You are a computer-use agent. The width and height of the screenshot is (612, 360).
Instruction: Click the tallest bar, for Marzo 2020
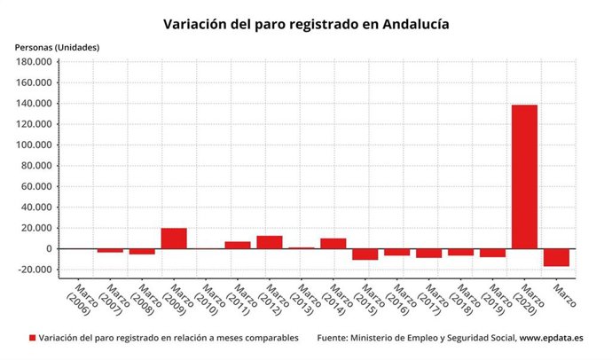[524, 176]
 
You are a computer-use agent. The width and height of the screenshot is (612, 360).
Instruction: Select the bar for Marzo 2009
[174, 239]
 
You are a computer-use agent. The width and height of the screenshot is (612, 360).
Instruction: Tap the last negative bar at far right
[556, 257]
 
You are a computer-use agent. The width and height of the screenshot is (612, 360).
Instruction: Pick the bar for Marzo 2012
[270, 242]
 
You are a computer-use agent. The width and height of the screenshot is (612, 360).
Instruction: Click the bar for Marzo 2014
[333, 243]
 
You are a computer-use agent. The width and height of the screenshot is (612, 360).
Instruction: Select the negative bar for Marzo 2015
[365, 254]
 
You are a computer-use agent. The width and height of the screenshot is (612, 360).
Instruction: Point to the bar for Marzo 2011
[238, 245]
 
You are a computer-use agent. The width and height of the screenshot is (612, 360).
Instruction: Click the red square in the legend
[33, 339]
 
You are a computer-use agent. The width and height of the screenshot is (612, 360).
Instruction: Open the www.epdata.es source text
[551, 339]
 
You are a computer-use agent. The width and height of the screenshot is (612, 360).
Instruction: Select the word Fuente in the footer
[336, 339]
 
